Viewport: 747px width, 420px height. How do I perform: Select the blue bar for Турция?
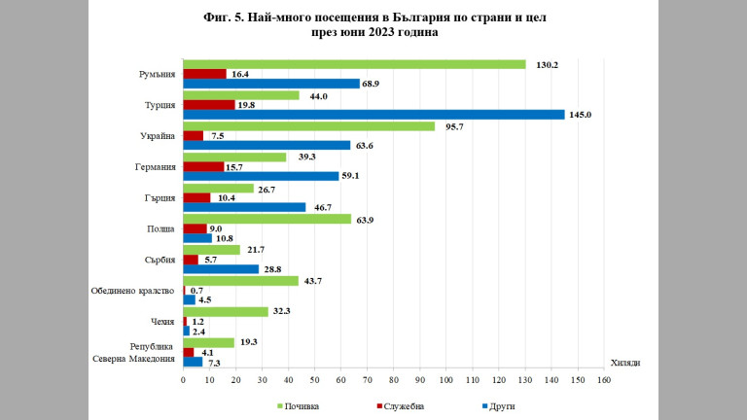(x=373, y=115)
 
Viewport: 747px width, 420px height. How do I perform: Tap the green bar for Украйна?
(x=309, y=126)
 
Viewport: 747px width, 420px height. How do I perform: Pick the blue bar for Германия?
(x=261, y=176)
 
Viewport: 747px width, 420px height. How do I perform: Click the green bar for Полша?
(x=267, y=219)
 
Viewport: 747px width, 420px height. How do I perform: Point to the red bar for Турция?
(x=209, y=105)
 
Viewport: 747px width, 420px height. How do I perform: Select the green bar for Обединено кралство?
(x=240, y=281)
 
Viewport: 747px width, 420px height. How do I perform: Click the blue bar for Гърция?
(x=244, y=207)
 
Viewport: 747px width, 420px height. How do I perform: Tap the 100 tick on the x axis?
(x=446, y=381)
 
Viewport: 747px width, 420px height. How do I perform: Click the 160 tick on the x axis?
(x=604, y=381)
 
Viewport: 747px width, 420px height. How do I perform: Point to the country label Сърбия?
(x=159, y=260)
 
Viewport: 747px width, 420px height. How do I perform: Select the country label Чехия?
(x=160, y=321)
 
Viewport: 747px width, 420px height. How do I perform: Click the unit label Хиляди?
(x=625, y=362)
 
